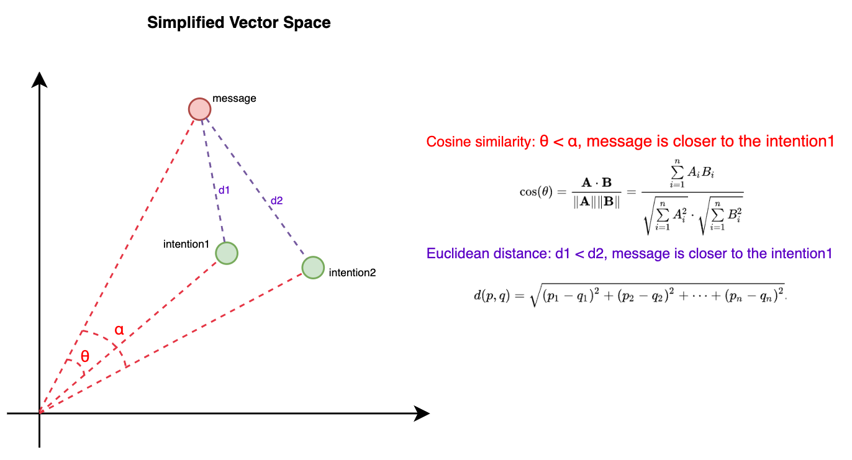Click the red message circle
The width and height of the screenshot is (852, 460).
click(200, 109)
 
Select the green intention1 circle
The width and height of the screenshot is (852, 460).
click(227, 253)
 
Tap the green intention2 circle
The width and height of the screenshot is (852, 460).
click(313, 268)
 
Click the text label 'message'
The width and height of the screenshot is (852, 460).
click(234, 99)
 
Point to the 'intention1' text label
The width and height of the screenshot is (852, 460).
click(186, 244)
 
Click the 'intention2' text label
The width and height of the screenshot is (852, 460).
click(352, 273)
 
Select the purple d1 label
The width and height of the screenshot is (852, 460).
click(224, 190)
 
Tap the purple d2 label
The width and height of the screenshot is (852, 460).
click(276, 201)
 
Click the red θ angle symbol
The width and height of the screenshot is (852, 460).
click(85, 356)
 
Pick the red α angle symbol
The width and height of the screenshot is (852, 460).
click(119, 330)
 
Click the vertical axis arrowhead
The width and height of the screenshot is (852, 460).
click(40, 79)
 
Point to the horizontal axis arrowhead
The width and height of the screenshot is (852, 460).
click(422, 413)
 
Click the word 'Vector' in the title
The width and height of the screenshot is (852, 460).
click(252, 22)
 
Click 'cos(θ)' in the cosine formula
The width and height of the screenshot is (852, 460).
click(536, 192)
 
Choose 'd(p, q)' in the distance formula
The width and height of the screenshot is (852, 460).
click(491, 295)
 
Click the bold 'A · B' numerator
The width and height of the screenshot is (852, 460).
click(596, 183)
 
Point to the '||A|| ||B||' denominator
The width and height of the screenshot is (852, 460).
click(596, 202)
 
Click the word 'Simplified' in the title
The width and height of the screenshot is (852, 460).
click(186, 23)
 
